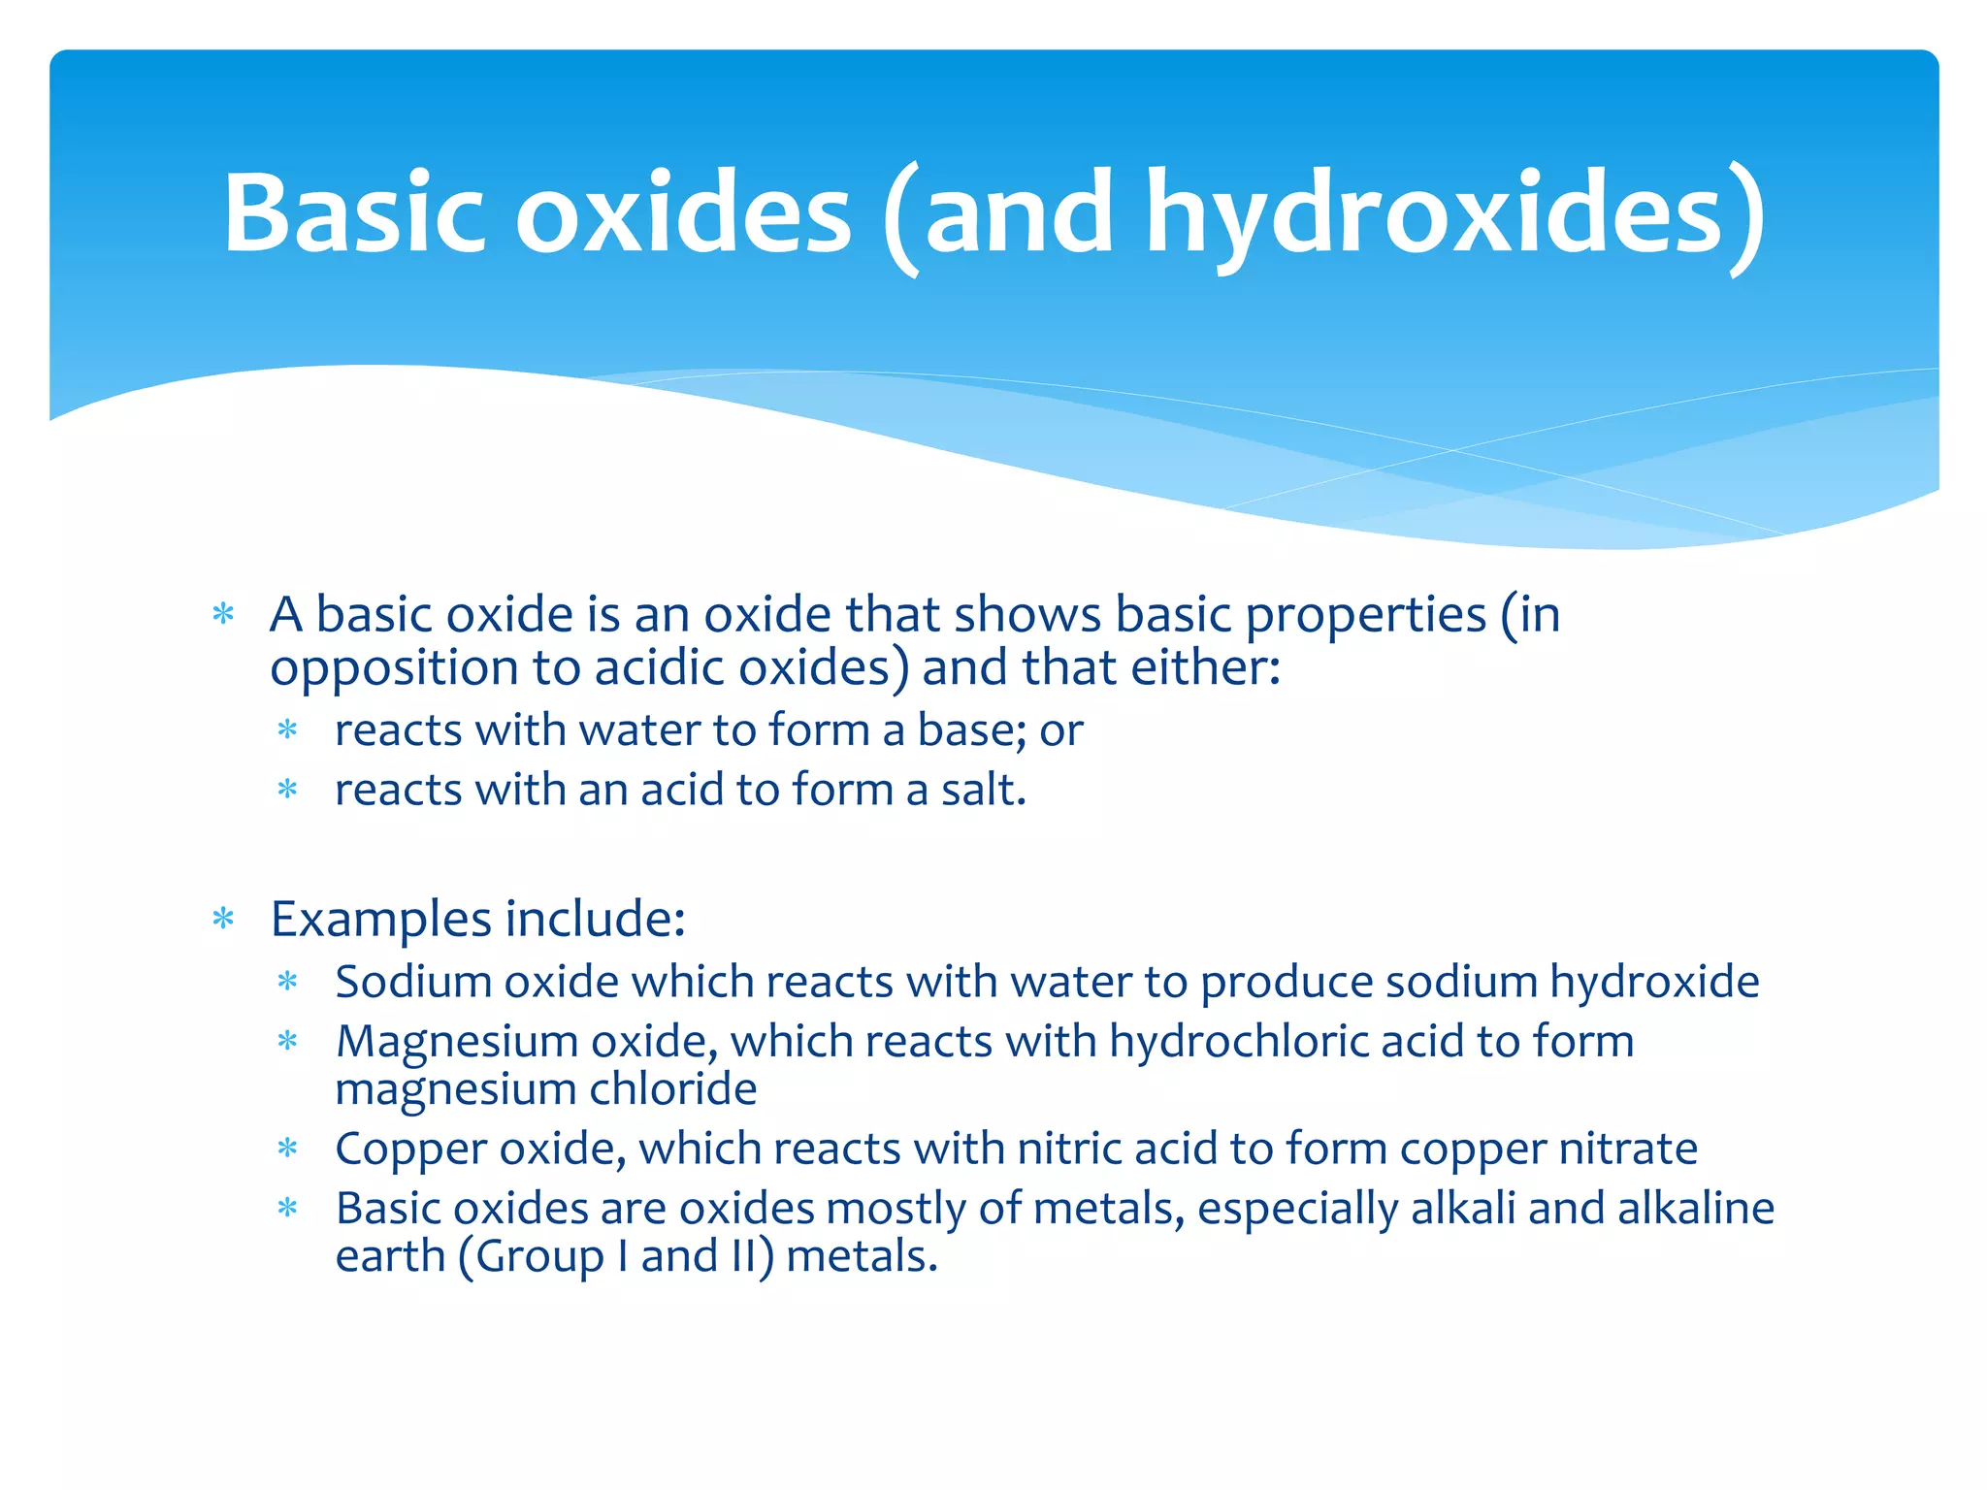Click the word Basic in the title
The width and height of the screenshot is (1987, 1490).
coord(353,212)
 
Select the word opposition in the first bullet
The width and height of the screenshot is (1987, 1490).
coord(394,669)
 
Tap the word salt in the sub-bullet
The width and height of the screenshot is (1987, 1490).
coord(980,790)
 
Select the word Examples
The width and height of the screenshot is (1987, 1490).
coord(381,920)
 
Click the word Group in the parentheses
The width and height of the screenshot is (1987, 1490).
coord(539,1257)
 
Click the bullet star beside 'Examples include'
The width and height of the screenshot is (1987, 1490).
coord(224,919)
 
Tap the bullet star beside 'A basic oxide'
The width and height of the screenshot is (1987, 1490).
coord(224,614)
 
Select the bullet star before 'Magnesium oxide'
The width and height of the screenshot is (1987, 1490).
coord(287,1042)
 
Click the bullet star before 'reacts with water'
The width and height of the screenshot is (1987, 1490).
coord(287,729)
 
